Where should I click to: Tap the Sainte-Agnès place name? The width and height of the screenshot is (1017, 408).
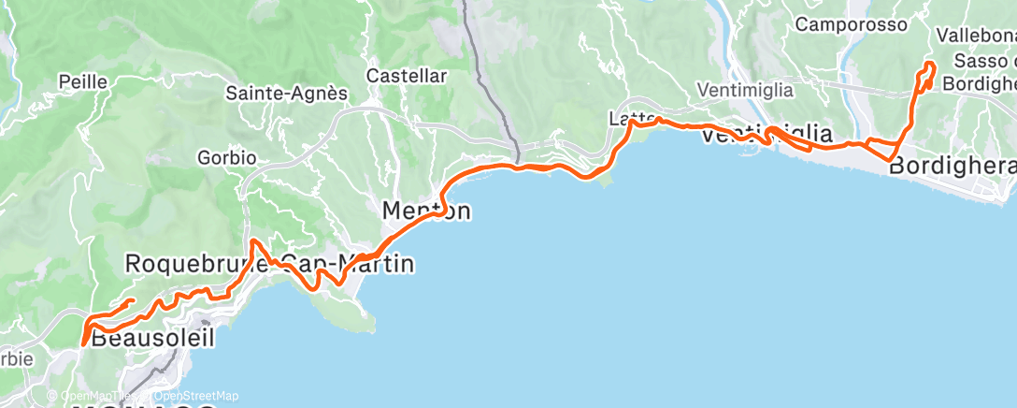click(x=286, y=94)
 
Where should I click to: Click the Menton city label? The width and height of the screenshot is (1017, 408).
click(x=426, y=211)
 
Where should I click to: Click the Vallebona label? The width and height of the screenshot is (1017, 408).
click(x=976, y=36)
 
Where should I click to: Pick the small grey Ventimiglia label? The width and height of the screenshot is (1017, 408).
click(x=745, y=91)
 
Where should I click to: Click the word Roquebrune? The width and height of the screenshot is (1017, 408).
click(x=196, y=265)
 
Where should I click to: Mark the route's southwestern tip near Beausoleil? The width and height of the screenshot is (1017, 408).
click(x=84, y=343)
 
